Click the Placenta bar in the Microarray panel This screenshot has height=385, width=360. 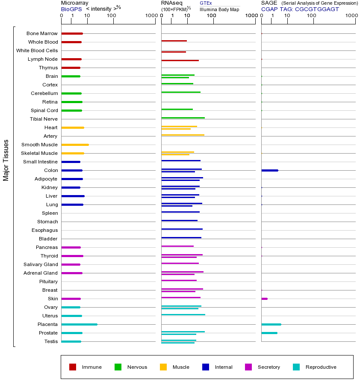coord(79,324)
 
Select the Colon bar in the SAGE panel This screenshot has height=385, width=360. coord(269,170)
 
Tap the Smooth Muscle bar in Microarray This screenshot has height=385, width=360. coord(75,145)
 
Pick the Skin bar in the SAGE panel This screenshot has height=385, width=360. coord(264,299)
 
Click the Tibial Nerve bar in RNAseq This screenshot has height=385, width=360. coord(183,118)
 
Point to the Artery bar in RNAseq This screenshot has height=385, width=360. coord(183,135)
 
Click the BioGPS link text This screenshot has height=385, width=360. coord(70,9)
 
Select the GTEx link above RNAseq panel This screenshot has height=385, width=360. coord(206,3)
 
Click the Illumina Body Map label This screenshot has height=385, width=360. coord(219,9)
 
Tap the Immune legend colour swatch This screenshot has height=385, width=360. coord(73,367)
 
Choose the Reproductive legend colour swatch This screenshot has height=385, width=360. coord(296,367)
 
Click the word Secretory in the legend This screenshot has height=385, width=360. coord(269,367)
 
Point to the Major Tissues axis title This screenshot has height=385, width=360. coord(6,160)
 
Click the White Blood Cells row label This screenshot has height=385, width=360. coord(37,50)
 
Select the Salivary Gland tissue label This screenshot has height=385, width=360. coord(41,264)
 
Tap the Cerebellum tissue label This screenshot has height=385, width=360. coord(44,93)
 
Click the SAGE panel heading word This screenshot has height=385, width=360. coord(269,3)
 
